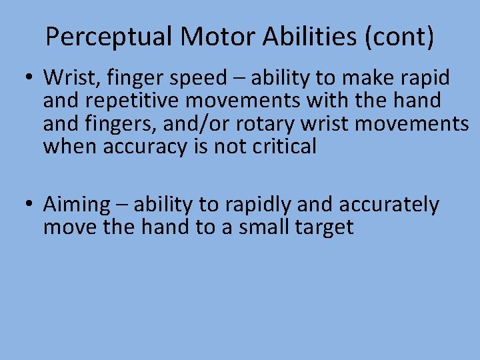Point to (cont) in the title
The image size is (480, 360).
[x=399, y=37]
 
